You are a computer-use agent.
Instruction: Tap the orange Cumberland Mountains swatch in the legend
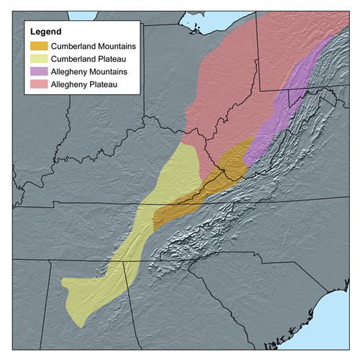[x=38, y=46]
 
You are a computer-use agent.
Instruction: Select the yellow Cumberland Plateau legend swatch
[x=38, y=59]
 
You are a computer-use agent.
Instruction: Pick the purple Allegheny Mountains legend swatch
[x=38, y=72]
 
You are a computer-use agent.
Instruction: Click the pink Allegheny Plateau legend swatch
[x=38, y=85]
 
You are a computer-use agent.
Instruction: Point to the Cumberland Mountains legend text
[x=86, y=46]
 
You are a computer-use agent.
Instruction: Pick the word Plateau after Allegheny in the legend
[x=100, y=85]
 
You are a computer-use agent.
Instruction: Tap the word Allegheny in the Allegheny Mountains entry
[x=68, y=72]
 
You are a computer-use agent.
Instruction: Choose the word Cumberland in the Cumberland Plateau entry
[x=71, y=59]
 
